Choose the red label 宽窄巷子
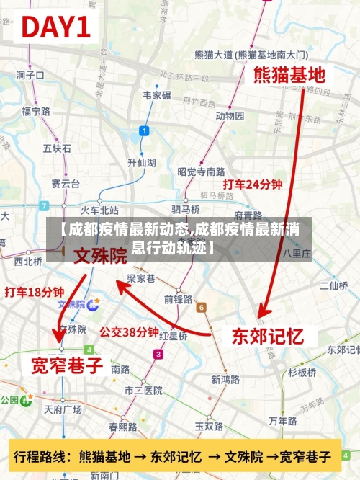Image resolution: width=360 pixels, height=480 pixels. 66,365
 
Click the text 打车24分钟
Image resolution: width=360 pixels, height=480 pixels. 252,185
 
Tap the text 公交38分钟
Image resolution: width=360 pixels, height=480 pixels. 129,333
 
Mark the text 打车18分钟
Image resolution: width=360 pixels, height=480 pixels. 34,292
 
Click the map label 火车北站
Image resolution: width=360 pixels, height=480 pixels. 99,210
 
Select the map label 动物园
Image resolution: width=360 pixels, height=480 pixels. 230,116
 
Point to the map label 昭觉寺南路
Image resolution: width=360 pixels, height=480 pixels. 201,172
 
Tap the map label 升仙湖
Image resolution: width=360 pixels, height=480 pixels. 141,162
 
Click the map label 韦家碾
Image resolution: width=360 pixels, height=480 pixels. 157,95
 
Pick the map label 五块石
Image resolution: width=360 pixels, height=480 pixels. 57,148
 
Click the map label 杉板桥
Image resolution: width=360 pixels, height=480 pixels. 302,373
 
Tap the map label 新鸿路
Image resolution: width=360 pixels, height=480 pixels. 225,379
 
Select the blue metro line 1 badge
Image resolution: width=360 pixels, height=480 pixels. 144,130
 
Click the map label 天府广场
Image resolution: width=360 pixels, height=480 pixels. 63,409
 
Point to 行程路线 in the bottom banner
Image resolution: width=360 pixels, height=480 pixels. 41,456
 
